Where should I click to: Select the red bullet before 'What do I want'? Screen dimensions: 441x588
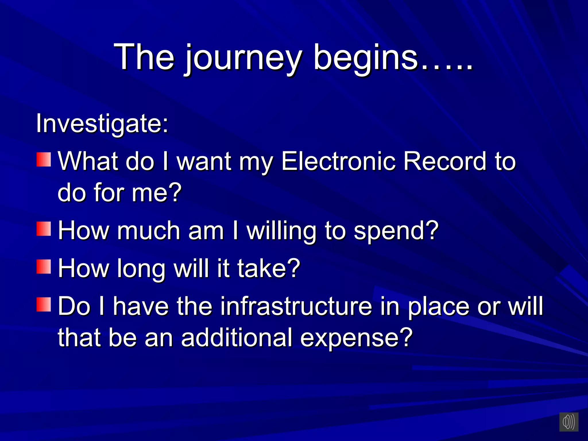pyautogui.click(x=44, y=160)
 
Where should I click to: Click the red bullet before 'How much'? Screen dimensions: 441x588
pyautogui.click(x=44, y=229)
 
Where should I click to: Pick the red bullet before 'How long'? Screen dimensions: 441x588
pyautogui.click(x=44, y=267)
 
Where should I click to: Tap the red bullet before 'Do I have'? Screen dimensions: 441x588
pyautogui.click(x=44, y=305)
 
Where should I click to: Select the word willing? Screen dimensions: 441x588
pyautogui.click(x=281, y=231)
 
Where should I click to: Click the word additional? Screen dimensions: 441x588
pyautogui.click(x=237, y=338)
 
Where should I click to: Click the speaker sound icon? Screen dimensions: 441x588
pyautogui.click(x=568, y=422)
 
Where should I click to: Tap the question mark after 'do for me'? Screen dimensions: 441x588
pyautogui.click(x=174, y=192)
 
